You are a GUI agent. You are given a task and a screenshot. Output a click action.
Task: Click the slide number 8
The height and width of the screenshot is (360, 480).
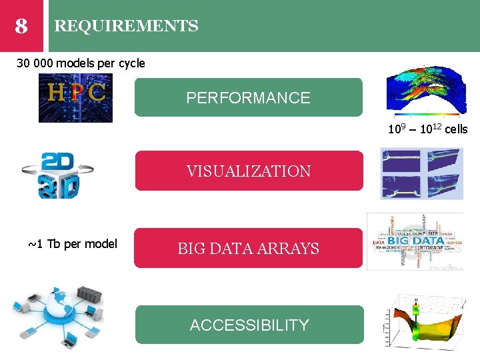click(21, 26)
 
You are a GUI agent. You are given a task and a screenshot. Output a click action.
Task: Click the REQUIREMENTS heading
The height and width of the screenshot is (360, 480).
click(126, 26)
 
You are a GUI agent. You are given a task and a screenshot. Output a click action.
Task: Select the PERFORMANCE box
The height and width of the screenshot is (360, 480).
click(249, 97)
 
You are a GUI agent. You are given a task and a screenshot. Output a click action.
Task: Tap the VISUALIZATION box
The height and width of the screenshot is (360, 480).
click(249, 171)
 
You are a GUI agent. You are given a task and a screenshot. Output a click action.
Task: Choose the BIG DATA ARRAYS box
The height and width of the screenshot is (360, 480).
click(249, 249)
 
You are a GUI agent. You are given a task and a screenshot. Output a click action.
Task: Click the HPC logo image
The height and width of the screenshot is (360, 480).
click(75, 97)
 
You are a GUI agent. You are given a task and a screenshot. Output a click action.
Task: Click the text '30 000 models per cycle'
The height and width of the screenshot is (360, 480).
click(81, 63)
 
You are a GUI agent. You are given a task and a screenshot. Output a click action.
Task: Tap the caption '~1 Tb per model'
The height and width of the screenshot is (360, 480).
click(73, 243)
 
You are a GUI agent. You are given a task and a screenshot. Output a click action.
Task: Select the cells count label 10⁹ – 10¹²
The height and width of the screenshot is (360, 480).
click(427, 129)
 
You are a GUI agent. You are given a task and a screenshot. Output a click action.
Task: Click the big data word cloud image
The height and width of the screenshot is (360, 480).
click(414, 241)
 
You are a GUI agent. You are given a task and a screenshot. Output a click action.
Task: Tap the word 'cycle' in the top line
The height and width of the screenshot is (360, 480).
click(131, 63)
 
